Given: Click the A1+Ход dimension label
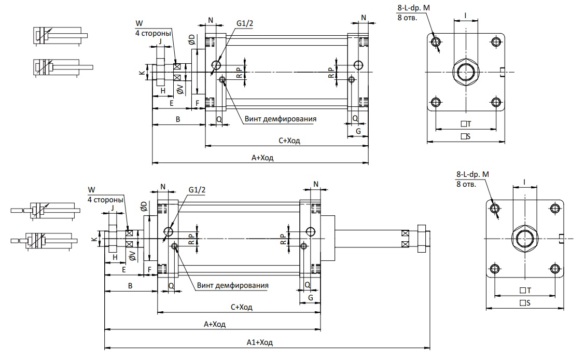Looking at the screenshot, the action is [260, 342].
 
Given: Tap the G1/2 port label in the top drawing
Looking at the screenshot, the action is [245, 23].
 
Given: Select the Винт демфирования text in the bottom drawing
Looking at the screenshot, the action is [233, 285].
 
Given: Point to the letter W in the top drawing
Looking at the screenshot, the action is [139, 23].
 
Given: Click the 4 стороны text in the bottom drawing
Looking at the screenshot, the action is [105, 200].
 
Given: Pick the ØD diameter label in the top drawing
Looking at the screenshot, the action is [191, 39].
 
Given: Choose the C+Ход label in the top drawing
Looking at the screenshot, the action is [289, 141].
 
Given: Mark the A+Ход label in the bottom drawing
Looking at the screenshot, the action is [215, 324].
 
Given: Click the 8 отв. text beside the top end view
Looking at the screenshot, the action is [408, 17].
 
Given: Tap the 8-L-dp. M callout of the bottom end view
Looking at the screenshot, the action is [472, 174].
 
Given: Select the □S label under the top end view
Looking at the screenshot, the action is [466, 136].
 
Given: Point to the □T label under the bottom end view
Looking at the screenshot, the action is [525, 290].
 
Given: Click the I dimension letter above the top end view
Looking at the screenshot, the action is [465, 15].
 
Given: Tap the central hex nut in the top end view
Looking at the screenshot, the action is [466, 72].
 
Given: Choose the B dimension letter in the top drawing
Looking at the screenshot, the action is [178, 119].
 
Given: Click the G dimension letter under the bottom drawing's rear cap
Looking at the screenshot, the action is [311, 298].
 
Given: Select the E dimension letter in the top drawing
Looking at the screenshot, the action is [172, 103].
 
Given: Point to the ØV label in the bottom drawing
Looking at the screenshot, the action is [132, 256].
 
